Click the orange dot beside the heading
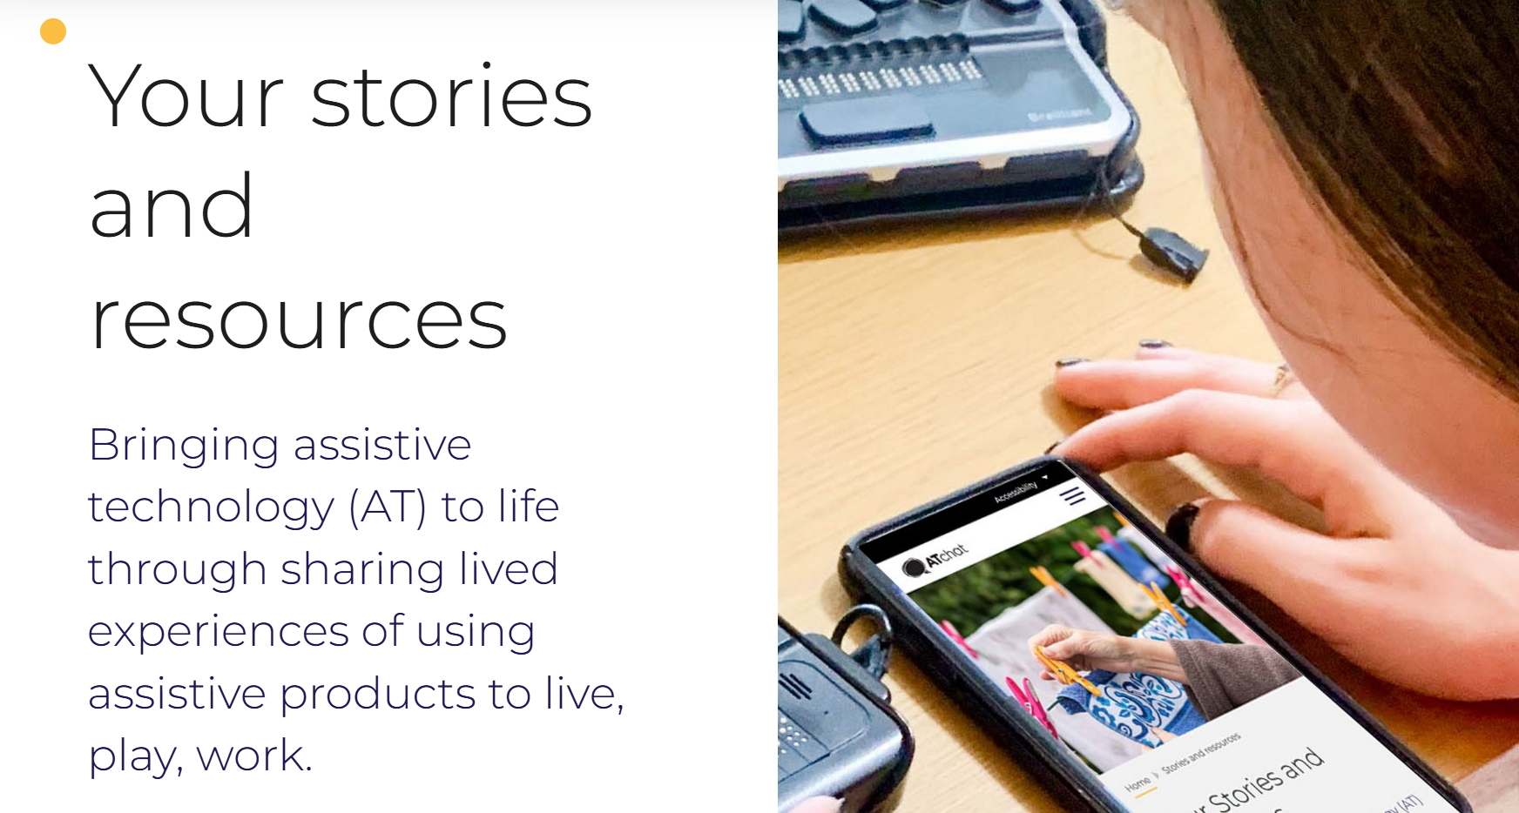point(53,31)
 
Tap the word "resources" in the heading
point(299,320)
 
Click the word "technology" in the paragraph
point(211,507)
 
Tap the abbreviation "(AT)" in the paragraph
point(388,507)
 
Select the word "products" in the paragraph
point(376,694)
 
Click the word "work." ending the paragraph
point(253,756)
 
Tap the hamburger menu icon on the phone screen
point(1072,496)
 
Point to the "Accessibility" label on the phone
point(1016,492)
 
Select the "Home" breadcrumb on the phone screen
point(1138,784)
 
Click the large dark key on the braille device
point(866,121)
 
